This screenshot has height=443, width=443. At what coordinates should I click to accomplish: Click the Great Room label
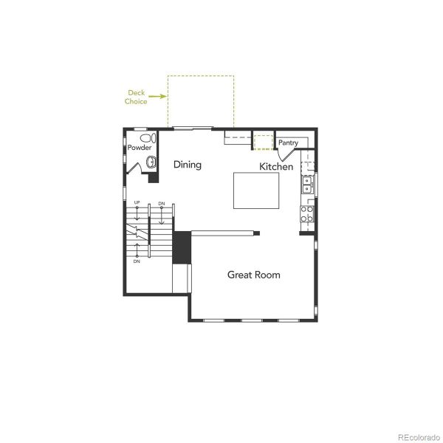coord(253,275)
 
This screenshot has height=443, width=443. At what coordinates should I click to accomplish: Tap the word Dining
coord(188,165)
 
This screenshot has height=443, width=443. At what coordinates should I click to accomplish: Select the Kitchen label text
coord(276,167)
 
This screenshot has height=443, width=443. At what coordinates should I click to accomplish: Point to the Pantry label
coord(288,142)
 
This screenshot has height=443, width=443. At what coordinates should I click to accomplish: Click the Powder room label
coord(140,148)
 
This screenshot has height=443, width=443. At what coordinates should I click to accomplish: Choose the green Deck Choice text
coord(137,97)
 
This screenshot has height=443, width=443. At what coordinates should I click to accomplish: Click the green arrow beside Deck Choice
coord(157,95)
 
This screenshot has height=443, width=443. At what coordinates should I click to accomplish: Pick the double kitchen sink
coord(308,185)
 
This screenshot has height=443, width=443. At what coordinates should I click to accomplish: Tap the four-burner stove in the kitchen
coord(307,214)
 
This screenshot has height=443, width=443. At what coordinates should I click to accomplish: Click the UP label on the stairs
coord(137,202)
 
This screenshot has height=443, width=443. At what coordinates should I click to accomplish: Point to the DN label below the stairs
coord(137,261)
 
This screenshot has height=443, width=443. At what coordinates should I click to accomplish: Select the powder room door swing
coord(134,168)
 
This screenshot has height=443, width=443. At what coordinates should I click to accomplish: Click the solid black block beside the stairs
coord(182,247)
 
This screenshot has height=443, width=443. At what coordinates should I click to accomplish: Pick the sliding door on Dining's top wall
coord(193,129)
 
